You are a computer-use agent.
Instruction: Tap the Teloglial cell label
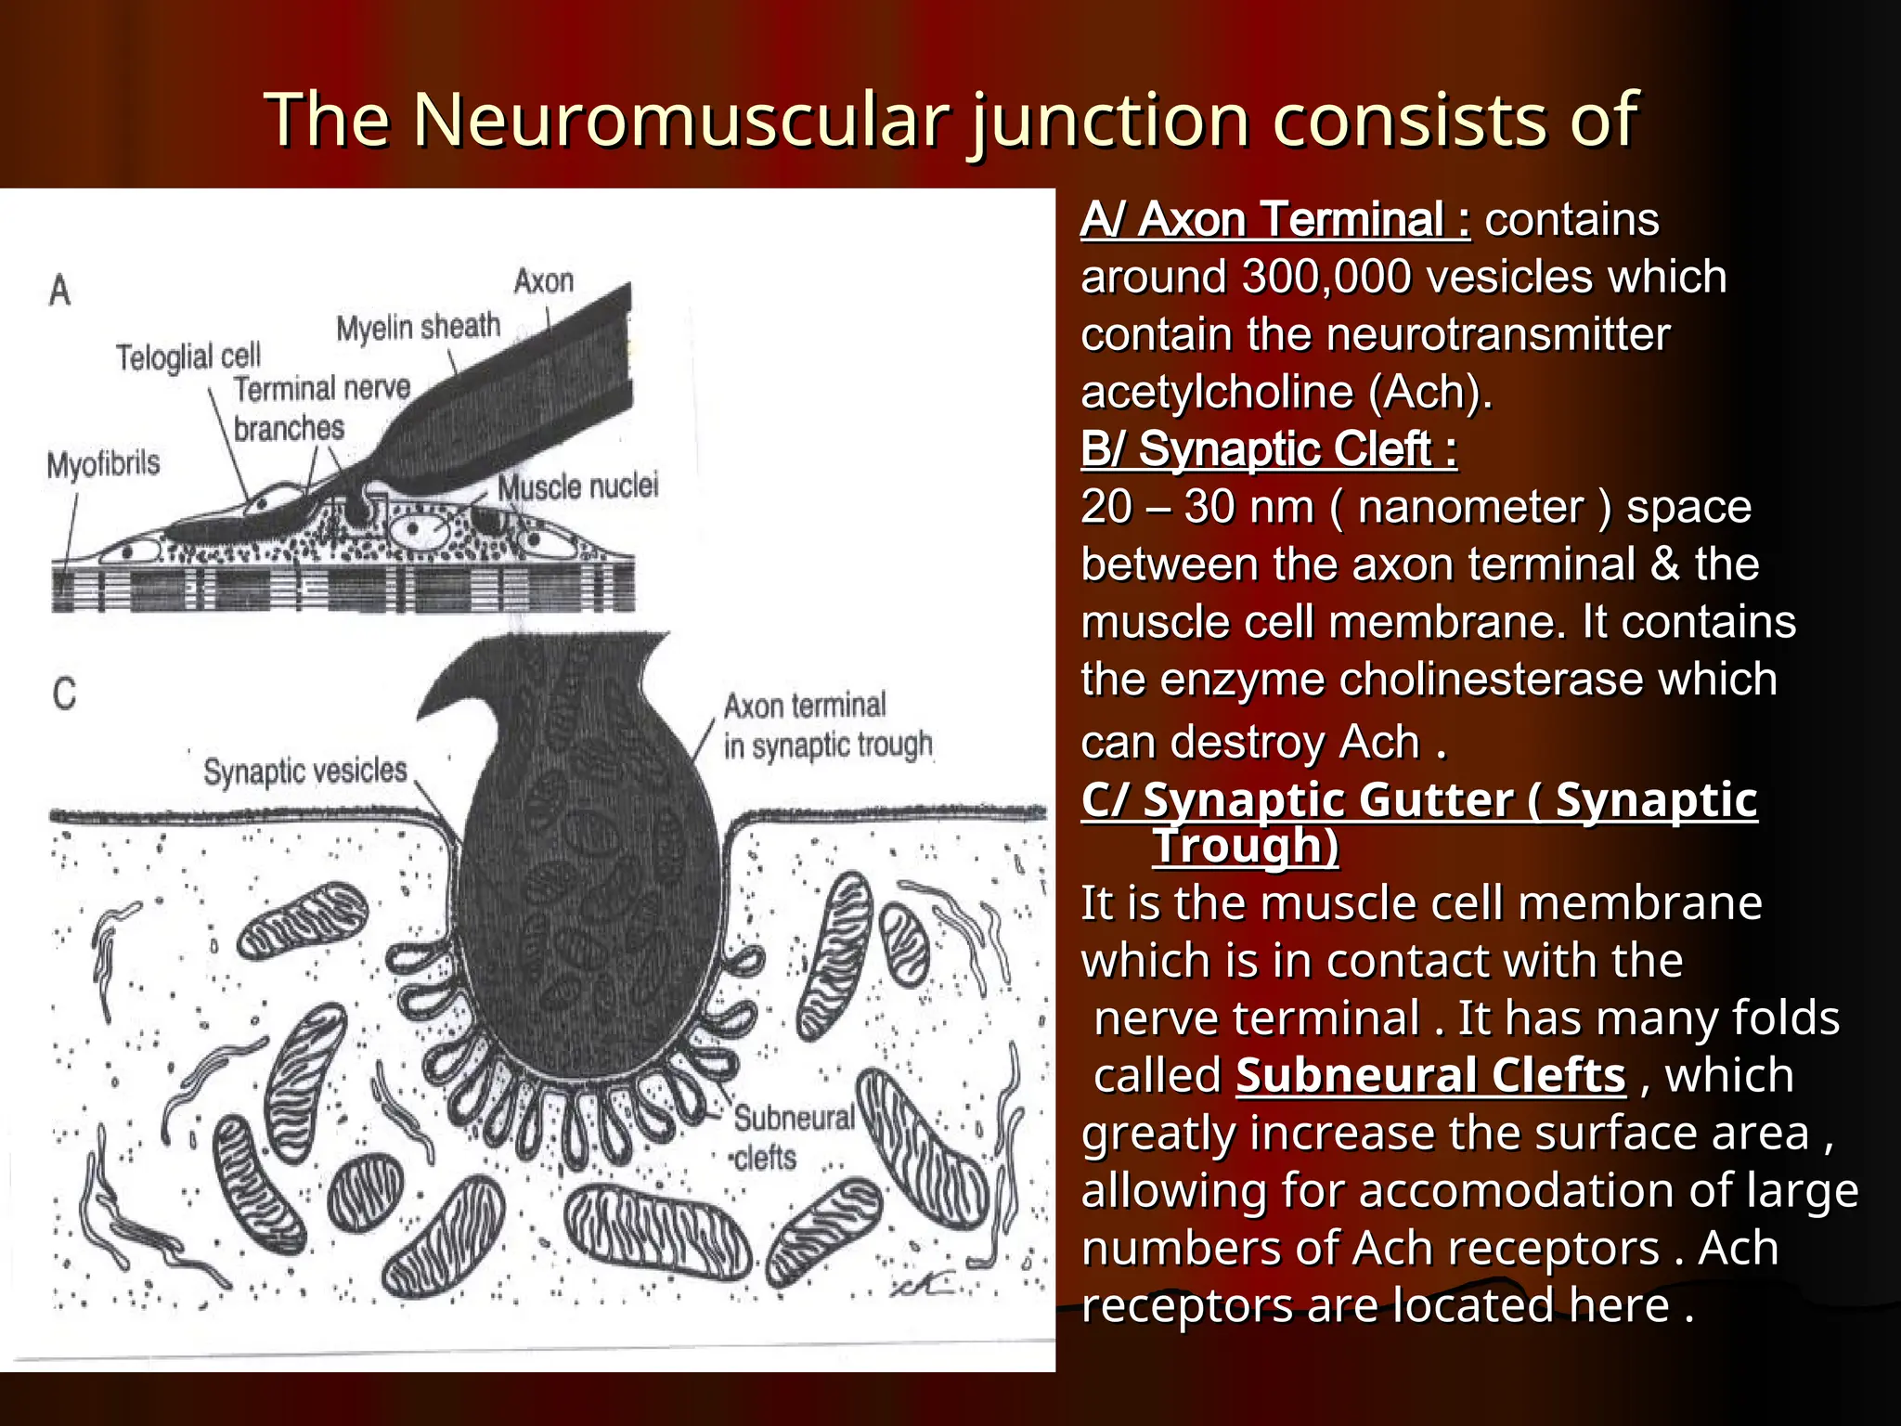coord(188,356)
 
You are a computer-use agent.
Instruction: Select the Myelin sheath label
coord(418,327)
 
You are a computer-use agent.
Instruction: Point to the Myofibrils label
coord(103,463)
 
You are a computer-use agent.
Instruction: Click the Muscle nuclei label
coord(577,486)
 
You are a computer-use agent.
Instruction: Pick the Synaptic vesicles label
coord(305,771)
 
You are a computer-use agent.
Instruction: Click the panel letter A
coord(60,291)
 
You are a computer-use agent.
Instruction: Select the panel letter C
coord(64,694)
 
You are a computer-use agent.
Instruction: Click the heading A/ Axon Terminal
coord(1275,220)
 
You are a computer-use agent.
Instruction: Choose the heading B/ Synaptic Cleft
coord(1268,449)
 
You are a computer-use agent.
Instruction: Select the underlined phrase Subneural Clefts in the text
coord(1430,1076)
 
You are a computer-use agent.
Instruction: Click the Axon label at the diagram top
coord(544,280)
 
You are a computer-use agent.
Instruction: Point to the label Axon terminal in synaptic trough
coord(826,725)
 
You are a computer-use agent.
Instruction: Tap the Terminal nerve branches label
coord(320,408)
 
